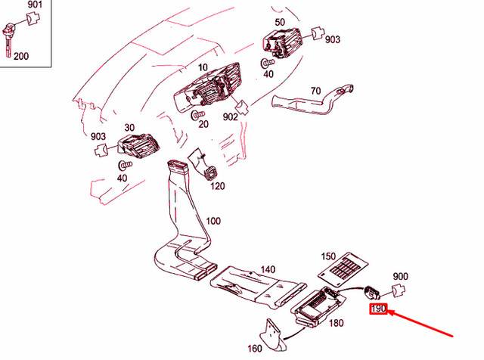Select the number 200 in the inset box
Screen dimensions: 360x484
point(22,56)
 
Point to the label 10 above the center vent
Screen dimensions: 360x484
point(203,67)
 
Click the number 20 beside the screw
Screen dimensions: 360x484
point(203,124)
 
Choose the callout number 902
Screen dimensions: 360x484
point(230,118)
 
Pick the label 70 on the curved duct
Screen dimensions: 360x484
point(315,92)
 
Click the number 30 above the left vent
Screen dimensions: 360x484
point(129,128)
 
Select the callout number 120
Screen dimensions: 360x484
point(218,186)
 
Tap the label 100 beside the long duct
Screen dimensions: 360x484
point(213,221)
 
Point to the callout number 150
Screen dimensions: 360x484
point(328,256)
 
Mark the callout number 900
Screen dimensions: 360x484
point(400,276)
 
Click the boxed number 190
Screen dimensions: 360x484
point(377,309)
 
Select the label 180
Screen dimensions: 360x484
point(336,324)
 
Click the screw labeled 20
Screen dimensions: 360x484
point(198,113)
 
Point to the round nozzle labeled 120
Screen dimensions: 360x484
point(209,172)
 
